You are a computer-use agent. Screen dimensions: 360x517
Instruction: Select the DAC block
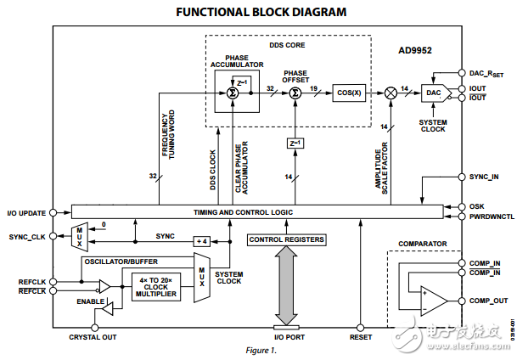[435, 92]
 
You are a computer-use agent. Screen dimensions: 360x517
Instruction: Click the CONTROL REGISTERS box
[286, 240]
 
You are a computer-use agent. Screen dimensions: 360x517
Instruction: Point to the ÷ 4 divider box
[201, 240]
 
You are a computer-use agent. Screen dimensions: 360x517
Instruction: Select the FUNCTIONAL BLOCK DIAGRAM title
[261, 12]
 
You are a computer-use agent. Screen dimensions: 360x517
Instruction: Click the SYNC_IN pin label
[485, 177]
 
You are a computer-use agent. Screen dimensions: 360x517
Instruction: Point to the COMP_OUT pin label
[488, 301]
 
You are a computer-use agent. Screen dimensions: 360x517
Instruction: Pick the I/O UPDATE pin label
[26, 211]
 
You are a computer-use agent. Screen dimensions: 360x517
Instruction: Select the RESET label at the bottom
[362, 338]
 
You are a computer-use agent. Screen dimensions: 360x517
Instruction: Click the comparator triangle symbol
[434, 299]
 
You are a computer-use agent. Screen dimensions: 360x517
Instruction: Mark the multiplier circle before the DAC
[391, 93]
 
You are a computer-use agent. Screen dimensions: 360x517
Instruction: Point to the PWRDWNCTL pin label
[491, 217]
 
